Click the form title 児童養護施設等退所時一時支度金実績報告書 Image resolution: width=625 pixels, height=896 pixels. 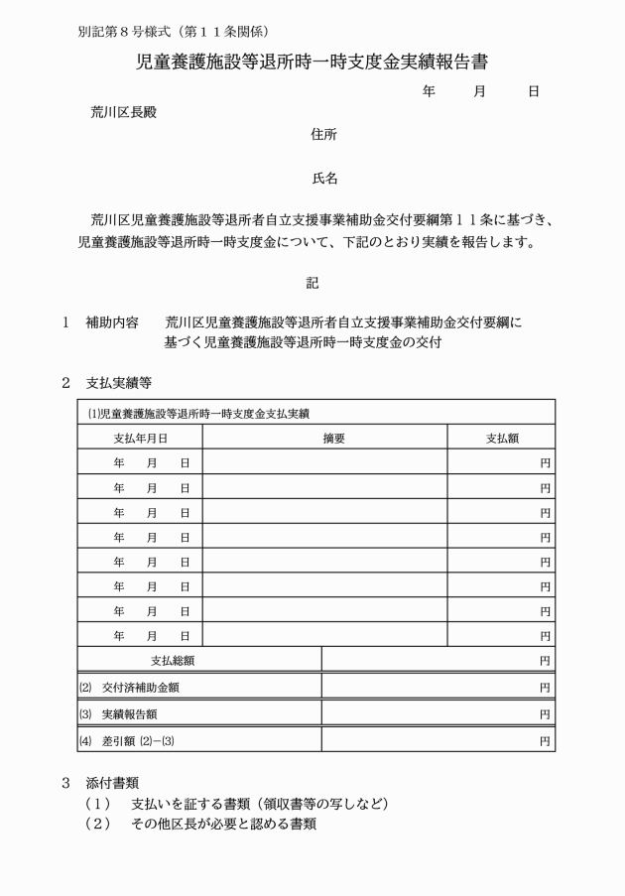pyautogui.click(x=312, y=63)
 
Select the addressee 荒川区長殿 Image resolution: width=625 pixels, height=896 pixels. pyautogui.click(x=124, y=112)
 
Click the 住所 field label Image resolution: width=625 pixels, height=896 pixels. pyautogui.click(x=323, y=135)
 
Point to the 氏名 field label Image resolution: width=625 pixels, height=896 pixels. pyautogui.click(x=324, y=179)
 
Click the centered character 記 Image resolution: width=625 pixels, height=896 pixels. pyautogui.click(x=312, y=283)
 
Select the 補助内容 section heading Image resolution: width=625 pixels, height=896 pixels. pyautogui.click(x=112, y=322)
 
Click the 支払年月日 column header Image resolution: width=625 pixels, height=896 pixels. pyautogui.click(x=140, y=438)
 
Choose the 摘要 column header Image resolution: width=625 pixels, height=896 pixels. pyautogui.click(x=333, y=438)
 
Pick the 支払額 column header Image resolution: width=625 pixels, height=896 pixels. pyautogui.click(x=500, y=438)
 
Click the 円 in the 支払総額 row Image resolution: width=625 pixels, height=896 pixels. pyautogui.click(x=545, y=660)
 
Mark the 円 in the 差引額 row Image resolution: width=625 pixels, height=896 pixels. pyautogui.click(x=545, y=740)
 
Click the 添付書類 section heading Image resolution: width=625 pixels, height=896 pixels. pyautogui.click(x=112, y=783)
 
